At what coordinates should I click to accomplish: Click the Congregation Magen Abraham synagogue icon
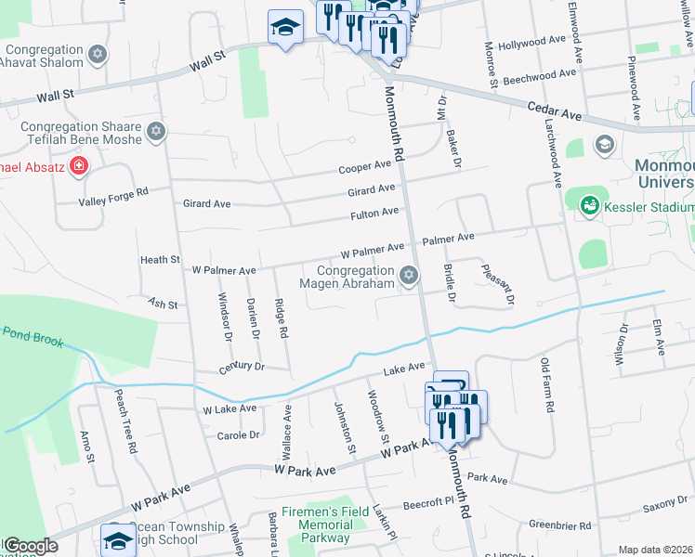408,276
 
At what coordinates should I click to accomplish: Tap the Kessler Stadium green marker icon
588,205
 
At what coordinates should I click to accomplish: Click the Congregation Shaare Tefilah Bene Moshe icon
156,133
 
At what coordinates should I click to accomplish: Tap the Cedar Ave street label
554,111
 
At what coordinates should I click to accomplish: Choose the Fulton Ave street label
374,214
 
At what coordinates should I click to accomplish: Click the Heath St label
159,260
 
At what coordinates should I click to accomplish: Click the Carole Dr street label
237,434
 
